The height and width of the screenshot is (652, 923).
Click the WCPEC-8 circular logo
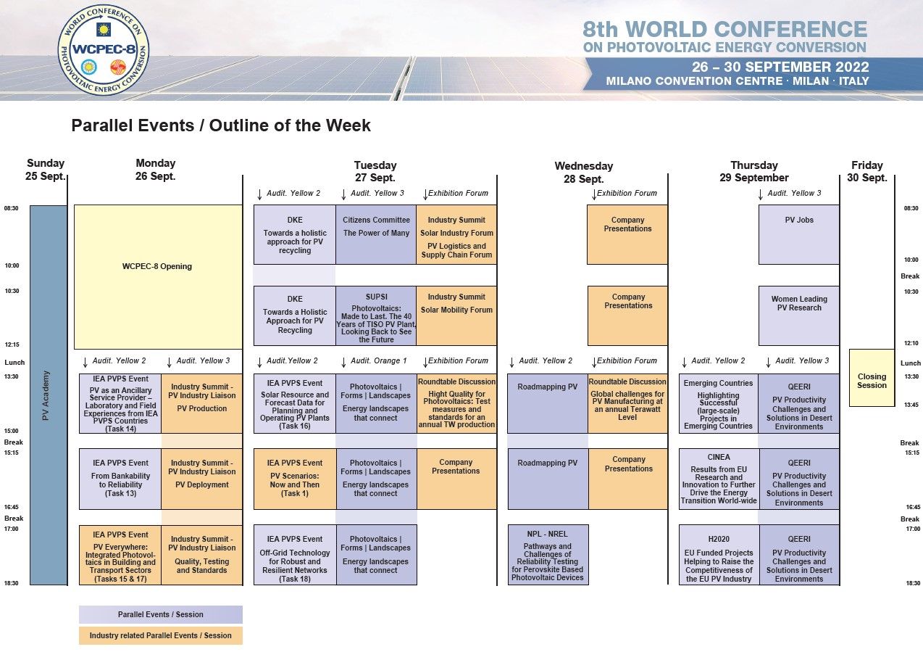click(103, 50)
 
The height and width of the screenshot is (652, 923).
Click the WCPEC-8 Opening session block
click(158, 277)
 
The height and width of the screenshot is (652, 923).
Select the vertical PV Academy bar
click(49, 395)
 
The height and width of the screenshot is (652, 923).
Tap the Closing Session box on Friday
click(872, 378)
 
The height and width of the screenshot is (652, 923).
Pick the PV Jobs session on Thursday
click(798, 234)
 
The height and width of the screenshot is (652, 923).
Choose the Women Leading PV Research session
click(798, 316)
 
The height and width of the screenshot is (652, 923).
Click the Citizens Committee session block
click(376, 234)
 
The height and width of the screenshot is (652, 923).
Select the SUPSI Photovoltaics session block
click(376, 316)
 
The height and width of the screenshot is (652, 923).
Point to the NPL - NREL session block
click(548, 555)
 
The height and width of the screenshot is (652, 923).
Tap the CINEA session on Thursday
click(719, 479)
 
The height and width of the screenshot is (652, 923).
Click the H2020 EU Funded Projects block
click(719, 555)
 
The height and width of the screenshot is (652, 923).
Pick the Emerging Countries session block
click(719, 403)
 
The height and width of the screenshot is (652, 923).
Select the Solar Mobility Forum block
click(456, 316)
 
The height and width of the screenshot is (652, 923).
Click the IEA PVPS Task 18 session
click(295, 555)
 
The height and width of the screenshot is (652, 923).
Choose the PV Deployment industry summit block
click(201, 479)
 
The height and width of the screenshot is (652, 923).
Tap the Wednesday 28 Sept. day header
click(583, 173)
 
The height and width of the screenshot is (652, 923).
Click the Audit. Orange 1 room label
click(378, 361)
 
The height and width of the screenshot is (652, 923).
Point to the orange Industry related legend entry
click(161, 635)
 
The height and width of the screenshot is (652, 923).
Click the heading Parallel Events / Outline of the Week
click(221, 125)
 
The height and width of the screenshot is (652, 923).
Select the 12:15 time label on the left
click(12, 344)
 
